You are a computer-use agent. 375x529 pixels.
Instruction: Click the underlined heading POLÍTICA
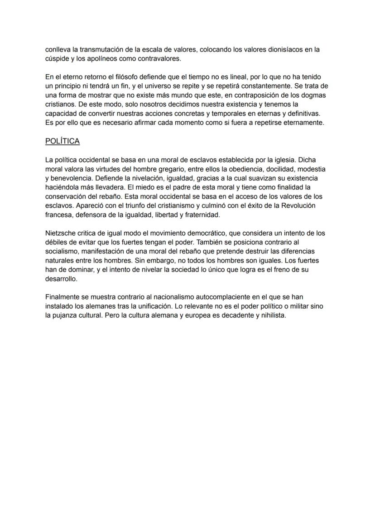click(62, 141)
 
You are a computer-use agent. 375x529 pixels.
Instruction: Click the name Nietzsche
click(61, 234)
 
